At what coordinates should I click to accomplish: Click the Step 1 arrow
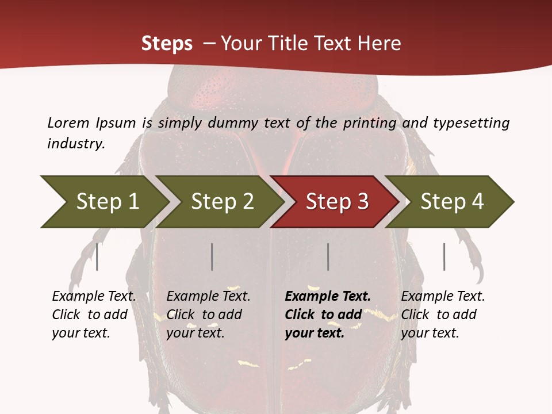(106, 202)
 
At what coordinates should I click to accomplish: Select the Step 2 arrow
(221, 202)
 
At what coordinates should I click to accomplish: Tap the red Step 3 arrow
(336, 202)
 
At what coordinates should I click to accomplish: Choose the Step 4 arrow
(451, 202)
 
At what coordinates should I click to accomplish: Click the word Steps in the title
(167, 44)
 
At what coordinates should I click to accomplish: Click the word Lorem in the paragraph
(68, 122)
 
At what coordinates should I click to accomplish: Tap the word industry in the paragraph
(76, 143)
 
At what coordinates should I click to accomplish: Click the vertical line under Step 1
(97, 257)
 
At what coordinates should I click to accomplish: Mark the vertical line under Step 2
(212, 257)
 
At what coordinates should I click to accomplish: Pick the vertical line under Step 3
(328, 257)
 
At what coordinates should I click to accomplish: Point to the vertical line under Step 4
(444, 257)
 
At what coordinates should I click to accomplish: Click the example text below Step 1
(94, 315)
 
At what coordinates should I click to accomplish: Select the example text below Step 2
(208, 315)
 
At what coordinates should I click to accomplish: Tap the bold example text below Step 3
(328, 315)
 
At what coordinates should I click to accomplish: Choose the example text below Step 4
(443, 315)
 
